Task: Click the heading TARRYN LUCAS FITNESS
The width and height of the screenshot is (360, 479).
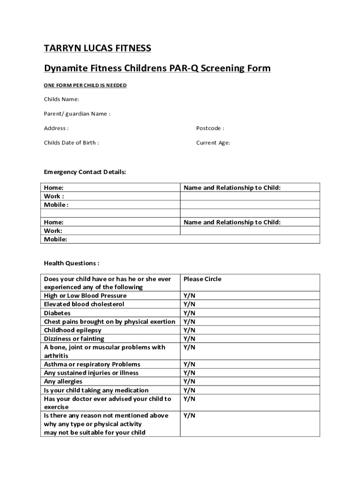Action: pos(97,48)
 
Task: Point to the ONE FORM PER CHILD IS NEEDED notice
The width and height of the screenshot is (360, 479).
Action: pos(85,86)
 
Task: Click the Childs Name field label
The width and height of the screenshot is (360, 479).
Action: pos(61,99)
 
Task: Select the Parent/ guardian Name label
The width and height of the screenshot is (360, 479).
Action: pos(77,114)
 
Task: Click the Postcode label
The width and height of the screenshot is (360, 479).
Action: pos(210,128)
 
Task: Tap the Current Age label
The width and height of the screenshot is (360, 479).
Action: pos(213,143)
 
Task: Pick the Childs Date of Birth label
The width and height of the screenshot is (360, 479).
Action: pos(71,143)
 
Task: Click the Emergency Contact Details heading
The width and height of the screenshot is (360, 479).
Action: pos(85,172)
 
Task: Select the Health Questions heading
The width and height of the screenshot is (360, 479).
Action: pos(71,263)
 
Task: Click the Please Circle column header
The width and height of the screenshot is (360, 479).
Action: pos(202,279)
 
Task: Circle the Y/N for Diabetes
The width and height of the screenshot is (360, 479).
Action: pos(189,313)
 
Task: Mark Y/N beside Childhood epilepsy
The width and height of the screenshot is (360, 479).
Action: pos(189,330)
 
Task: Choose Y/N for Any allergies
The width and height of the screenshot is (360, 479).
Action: pos(189,382)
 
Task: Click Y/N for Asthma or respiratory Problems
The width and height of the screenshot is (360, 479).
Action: pos(189,364)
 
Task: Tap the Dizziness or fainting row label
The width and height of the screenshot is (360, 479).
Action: pos(74,339)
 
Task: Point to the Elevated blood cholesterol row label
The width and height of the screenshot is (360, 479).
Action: pos(84,305)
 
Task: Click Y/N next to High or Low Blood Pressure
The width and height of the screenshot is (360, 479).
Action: pos(189,296)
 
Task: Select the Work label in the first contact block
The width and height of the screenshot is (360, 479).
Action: pos(54,196)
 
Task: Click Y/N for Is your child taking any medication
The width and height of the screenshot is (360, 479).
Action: pos(189,390)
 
